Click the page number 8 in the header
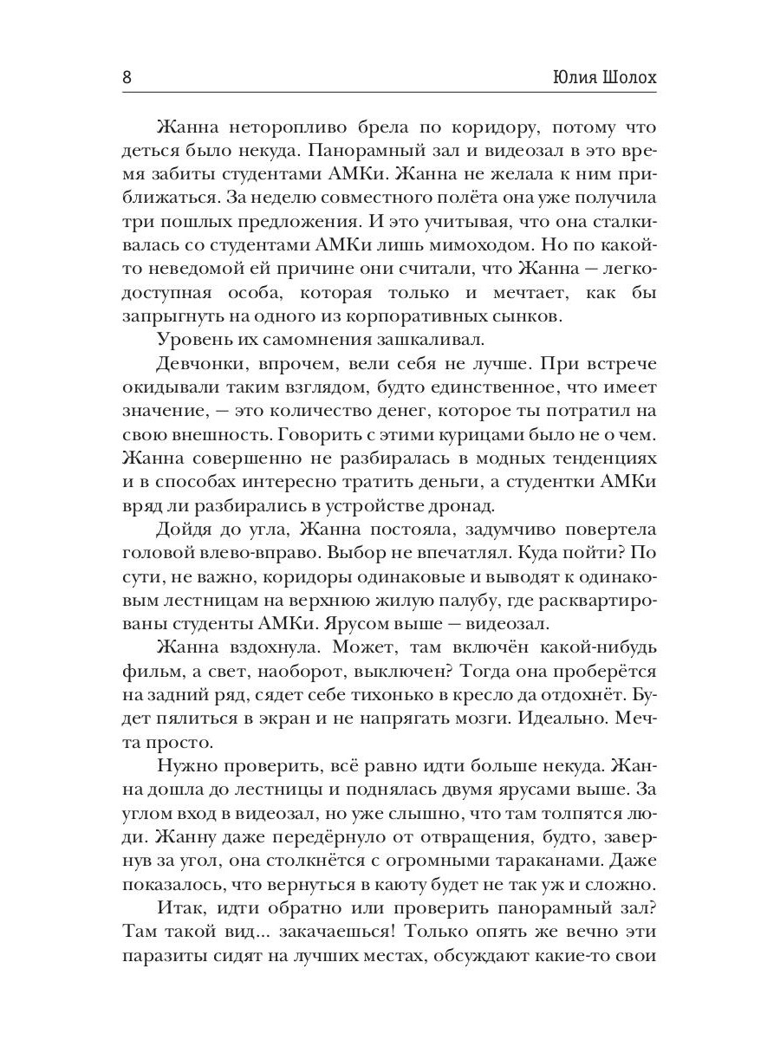click(127, 76)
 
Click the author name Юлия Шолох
click(603, 76)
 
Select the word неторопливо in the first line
click(287, 130)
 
